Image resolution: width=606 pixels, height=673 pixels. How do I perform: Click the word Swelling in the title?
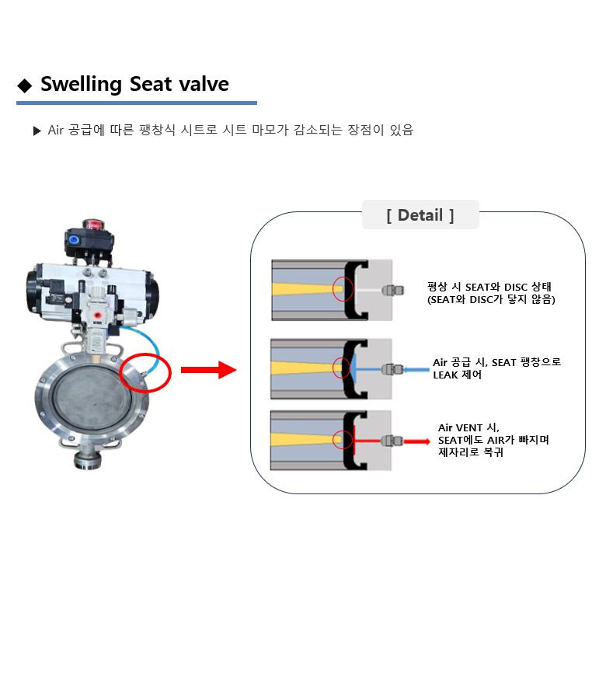tap(81, 85)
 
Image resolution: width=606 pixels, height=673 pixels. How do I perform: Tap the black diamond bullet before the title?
tap(25, 85)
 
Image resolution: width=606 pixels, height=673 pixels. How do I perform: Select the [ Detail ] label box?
tap(420, 214)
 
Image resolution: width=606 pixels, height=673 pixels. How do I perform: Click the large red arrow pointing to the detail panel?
tap(208, 370)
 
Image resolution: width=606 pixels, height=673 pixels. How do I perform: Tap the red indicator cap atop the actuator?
tap(92, 225)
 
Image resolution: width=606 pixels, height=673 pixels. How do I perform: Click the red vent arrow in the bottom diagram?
tap(416, 441)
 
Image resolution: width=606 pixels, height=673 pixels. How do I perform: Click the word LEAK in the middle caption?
tap(445, 375)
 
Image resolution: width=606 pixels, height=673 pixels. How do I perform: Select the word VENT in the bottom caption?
tap(469, 428)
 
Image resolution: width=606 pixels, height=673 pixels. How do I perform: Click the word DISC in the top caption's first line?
tap(516, 287)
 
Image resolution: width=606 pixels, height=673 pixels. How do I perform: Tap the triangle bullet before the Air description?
tap(37, 131)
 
